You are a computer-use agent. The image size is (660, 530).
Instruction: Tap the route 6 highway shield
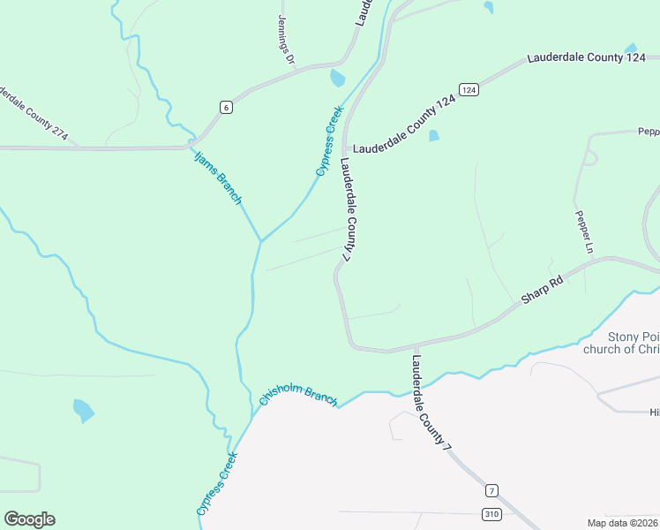[x=227, y=108]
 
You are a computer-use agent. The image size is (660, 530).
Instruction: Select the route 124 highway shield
[x=469, y=90]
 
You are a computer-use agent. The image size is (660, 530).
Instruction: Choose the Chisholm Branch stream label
[x=298, y=397]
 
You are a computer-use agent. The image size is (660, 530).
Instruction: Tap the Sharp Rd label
[x=542, y=291]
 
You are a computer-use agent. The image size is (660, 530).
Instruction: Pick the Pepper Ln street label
[x=582, y=231]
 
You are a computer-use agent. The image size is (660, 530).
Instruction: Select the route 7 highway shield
[x=491, y=490]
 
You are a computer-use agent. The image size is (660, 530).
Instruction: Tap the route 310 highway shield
[x=492, y=513]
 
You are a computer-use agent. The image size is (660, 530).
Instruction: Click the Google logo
[x=29, y=519]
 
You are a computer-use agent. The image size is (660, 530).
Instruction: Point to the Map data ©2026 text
[x=623, y=522]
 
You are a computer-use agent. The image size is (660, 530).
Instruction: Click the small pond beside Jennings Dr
[x=337, y=79]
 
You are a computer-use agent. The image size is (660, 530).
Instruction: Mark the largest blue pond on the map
[x=83, y=410]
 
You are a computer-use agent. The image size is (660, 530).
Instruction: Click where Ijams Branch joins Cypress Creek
[x=260, y=240]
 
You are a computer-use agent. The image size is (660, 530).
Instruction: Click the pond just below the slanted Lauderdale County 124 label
[x=433, y=136]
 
